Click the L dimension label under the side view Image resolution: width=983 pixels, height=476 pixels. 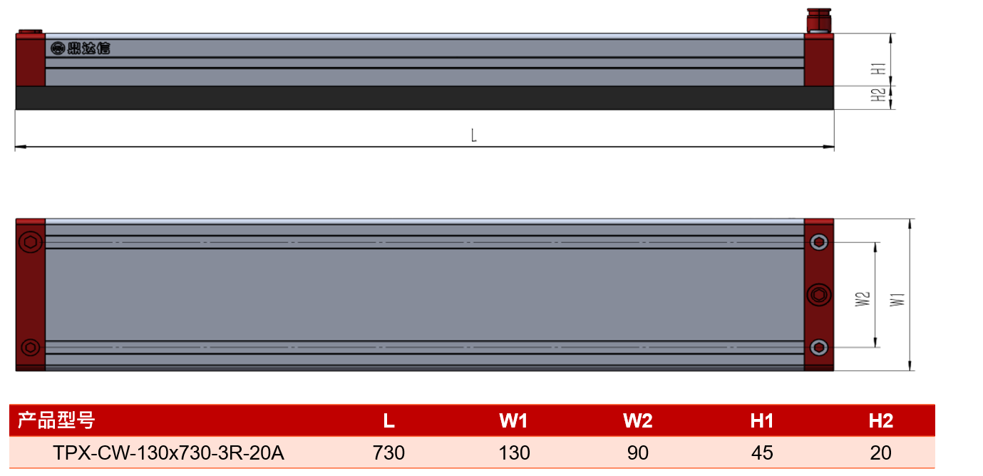click(x=473, y=135)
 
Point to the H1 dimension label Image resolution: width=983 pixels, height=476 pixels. click(x=878, y=69)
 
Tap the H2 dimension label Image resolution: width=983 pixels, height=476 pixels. click(x=878, y=95)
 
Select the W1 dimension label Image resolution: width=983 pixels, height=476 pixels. click(x=897, y=300)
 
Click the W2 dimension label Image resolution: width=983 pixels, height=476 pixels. click(x=863, y=299)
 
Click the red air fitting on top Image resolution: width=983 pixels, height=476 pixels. click(x=819, y=20)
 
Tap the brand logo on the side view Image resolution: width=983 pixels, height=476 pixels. click(x=81, y=48)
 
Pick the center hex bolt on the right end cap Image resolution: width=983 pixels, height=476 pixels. click(x=819, y=295)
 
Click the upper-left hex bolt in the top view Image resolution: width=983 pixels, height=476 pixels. click(x=31, y=242)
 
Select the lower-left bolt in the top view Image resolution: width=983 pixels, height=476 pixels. click(x=30, y=348)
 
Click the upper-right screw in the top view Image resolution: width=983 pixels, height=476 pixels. click(x=819, y=242)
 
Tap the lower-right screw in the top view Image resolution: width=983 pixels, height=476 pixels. click(x=819, y=348)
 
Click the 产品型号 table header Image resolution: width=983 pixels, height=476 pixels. click(x=56, y=420)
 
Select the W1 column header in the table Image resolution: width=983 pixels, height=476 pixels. click(x=513, y=420)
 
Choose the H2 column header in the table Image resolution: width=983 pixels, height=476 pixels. click(x=881, y=420)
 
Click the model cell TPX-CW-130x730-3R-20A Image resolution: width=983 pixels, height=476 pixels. click(x=168, y=452)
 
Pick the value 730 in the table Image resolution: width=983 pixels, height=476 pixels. click(x=388, y=452)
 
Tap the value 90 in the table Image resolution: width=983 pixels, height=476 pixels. click(x=638, y=452)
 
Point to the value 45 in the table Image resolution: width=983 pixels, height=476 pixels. click(x=762, y=452)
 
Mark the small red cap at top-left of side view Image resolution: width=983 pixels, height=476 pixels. click(x=30, y=31)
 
